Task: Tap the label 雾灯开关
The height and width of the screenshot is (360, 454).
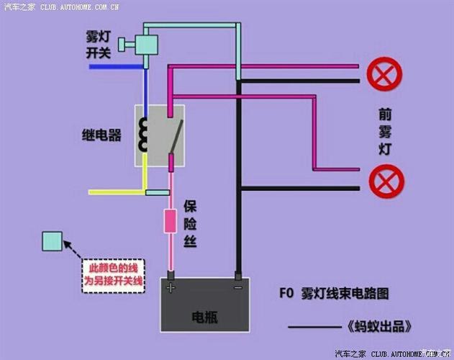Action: (x=99, y=45)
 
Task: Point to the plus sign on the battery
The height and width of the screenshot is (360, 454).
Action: (x=171, y=287)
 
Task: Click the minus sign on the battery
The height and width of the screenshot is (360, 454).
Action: (x=237, y=287)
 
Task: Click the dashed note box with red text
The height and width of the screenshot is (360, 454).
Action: (x=112, y=276)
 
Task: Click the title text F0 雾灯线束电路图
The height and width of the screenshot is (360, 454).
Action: (x=334, y=294)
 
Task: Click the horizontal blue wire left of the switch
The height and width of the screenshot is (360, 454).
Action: (x=115, y=67)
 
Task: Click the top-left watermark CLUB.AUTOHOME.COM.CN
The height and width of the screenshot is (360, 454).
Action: (x=79, y=6)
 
